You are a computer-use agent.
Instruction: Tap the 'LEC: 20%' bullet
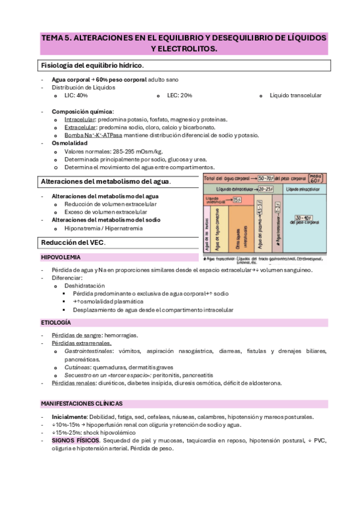pyautogui.click(x=179, y=95)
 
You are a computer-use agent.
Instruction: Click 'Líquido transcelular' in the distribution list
pyautogui.click(x=295, y=95)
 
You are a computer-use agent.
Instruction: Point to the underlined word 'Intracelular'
pyautogui.click(x=79, y=119)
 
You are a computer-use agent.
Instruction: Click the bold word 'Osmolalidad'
pyautogui.click(x=70, y=143)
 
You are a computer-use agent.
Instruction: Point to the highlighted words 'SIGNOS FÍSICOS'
pyautogui.click(x=75, y=440)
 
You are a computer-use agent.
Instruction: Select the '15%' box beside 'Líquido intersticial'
pyautogui.click(x=237, y=199)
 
